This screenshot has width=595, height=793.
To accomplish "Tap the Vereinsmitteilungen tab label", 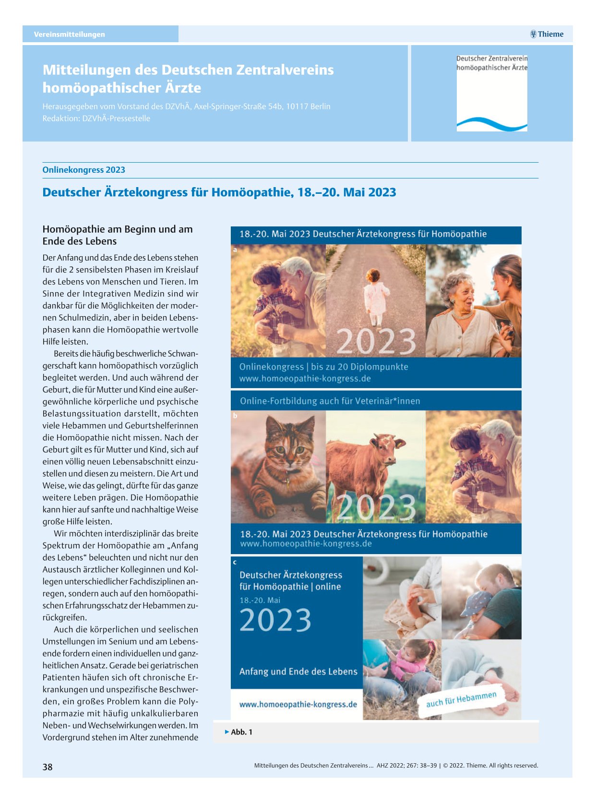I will pyautogui.click(x=69, y=35).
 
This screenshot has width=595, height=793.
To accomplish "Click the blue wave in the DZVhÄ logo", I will pyautogui.click(x=491, y=124).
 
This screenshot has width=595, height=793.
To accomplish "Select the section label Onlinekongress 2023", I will pyautogui.click(x=83, y=170).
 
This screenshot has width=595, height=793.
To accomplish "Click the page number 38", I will pyautogui.click(x=48, y=767).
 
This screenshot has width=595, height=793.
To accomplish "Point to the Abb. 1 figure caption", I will pyautogui.click(x=241, y=732).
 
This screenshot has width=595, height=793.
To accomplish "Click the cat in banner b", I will pyautogui.click(x=281, y=461).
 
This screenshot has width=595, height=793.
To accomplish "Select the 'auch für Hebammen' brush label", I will pyautogui.click(x=461, y=699).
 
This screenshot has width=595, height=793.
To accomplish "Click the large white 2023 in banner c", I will pyautogui.click(x=275, y=620).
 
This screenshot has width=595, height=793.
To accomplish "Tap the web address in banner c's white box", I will pyautogui.click(x=298, y=705).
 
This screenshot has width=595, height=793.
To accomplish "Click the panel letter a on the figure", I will pyautogui.click(x=235, y=250).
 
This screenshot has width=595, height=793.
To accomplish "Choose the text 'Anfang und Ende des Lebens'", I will pyautogui.click(x=298, y=672).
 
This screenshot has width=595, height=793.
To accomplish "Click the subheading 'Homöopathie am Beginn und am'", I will pyautogui.click(x=118, y=229).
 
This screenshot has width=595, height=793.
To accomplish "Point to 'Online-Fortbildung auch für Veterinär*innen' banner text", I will pyautogui.click(x=330, y=401).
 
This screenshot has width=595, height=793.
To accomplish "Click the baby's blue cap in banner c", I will pyautogui.click(x=475, y=602).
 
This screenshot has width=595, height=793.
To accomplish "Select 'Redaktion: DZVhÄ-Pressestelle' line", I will pyautogui.click(x=96, y=118).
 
